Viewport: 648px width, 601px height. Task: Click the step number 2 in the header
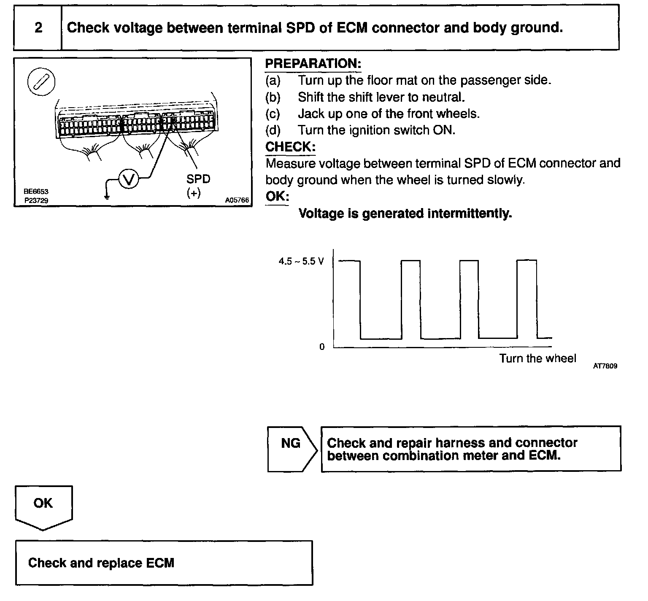coord(38,28)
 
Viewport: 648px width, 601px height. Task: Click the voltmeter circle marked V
coord(128,180)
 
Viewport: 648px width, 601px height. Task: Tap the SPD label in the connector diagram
coord(198,179)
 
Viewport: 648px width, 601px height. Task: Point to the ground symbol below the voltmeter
coord(106,195)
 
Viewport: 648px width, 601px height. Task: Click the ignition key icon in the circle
coord(41,81)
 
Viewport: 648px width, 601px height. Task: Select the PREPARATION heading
coord(313,64)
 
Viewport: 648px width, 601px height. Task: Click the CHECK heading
coord(290,147)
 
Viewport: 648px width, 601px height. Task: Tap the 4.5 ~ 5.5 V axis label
coord(301,262)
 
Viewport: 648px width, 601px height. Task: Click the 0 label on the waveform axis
coord(322,347)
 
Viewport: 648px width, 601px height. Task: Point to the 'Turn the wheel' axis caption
coord(537,359)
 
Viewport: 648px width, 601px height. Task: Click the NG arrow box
coord(291,448)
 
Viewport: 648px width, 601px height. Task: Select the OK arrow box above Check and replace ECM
coord(43,506)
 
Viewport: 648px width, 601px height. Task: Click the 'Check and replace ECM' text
coord(101,563)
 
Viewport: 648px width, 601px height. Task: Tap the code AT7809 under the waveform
coord(605,366)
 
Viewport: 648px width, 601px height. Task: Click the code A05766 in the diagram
coord(237,200)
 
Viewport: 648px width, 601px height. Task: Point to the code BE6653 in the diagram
coord(36,192)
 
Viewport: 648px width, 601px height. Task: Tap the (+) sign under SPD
coord(193,193)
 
